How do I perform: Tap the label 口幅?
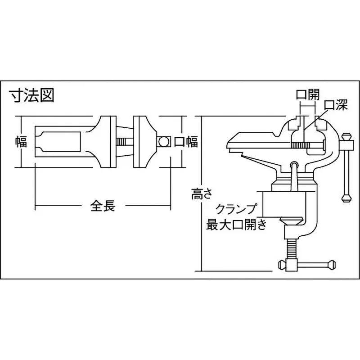click(x=186, y=142)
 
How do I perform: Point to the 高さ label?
click(x=198, y=194)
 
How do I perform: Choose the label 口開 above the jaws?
click(x=307, y=95)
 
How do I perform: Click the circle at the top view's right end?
click(x=163, y=142)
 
